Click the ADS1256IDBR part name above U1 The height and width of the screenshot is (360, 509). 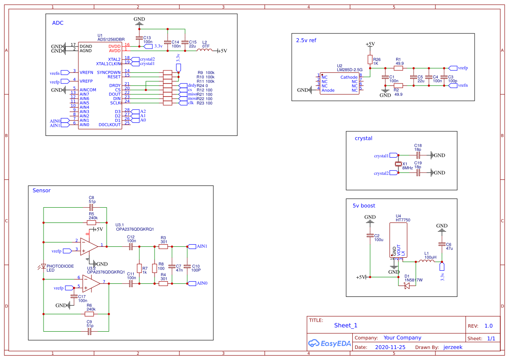[111, 39]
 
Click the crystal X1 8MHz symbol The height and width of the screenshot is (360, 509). [398, 164]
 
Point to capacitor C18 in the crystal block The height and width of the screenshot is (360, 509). [418, 155]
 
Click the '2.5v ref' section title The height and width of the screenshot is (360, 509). [306, 40]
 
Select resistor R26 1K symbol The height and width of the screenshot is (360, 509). [370, 60]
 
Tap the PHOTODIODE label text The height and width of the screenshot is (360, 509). [60, 266]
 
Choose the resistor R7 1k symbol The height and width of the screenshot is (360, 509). [139, 268]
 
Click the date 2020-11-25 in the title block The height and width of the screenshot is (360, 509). [390, 347]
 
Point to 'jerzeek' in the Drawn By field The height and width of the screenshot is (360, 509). [453, 347]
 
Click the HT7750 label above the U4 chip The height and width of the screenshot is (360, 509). [403, 220]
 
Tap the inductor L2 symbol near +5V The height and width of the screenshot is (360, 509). [205, 50]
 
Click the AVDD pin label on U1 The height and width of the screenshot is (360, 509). [115, 50]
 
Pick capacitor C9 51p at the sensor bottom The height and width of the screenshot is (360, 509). [90, 331]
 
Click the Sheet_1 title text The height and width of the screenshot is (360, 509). [346, 325]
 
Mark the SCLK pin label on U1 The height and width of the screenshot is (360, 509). [115, 103]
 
